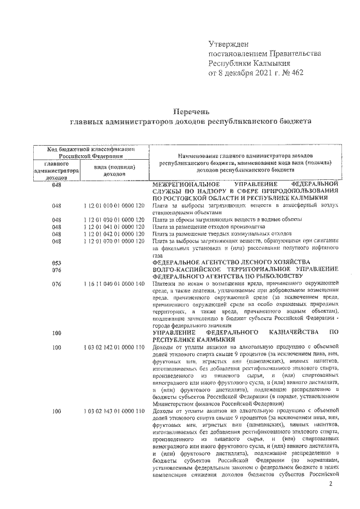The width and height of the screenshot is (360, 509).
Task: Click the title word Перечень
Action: tap(190, 111)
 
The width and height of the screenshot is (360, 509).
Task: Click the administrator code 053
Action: tap(56, 263)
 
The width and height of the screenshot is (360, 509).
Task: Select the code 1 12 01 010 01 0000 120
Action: tap(112, 206)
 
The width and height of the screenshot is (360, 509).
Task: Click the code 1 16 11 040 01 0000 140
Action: tap(112, 284)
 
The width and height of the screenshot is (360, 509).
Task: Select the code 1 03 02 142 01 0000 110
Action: tap(112, 348)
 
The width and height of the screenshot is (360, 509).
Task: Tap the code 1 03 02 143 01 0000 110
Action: tap(112, 412)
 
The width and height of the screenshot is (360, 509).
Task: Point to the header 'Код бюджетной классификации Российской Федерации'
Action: tap(91, 152)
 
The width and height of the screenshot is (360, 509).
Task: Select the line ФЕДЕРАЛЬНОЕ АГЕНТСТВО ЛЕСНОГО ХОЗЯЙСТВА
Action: tap(231, 263)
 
